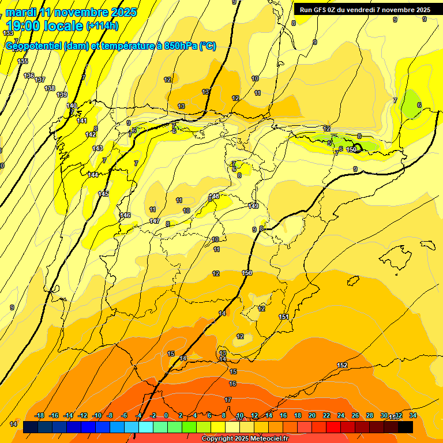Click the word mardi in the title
21,12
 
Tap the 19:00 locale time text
44,26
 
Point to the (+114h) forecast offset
102,26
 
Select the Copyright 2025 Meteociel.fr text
245,438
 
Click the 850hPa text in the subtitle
176,46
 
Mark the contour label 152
342,365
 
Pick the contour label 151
284,317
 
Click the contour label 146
125,215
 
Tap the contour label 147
155,221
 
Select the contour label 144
93,175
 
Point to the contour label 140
72,106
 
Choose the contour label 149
253,206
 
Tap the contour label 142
91,134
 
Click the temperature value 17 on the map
228,400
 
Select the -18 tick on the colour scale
40,415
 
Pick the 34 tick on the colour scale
412,415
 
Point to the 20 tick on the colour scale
312,415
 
